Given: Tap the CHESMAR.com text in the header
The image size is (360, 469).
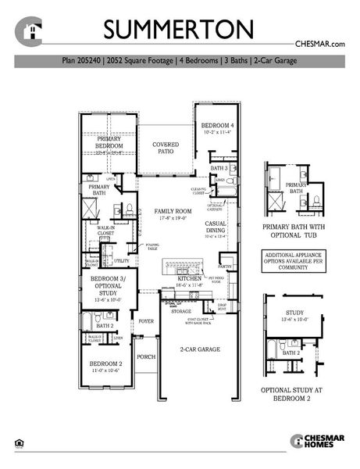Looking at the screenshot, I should pos(319,45).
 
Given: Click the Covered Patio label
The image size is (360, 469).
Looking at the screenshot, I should pos(166,148).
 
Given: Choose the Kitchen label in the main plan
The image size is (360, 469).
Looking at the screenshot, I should pos(189,279).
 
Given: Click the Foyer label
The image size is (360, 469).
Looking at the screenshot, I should pos(146,321).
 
